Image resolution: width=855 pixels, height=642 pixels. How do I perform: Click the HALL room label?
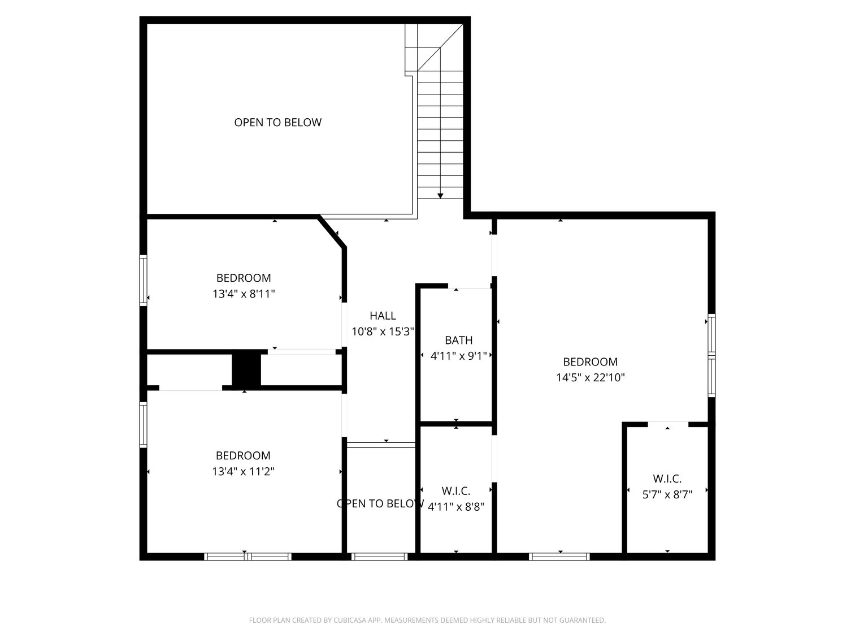[x=383, y=316]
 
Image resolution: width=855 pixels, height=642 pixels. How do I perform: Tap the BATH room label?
[x=458, y=340]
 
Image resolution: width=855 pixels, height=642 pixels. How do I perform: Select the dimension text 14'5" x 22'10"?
[x=590, y=377]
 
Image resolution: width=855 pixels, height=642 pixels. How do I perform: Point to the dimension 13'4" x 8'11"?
[x=244, y=294]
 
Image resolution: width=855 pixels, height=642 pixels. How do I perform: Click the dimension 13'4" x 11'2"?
[x=243, y=471]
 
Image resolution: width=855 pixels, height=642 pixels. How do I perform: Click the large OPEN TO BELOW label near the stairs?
[x=277, y=122]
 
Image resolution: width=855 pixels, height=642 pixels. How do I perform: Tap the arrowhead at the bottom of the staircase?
[x=440, y=196]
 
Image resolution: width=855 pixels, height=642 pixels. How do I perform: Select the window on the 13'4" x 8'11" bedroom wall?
[x=144, y=281]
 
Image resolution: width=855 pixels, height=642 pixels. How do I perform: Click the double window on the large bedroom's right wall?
[x=711, y=355]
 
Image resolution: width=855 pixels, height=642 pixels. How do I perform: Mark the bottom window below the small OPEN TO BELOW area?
[x=379, y=557]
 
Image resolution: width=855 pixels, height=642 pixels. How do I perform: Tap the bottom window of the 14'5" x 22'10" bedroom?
[x=559, y=557]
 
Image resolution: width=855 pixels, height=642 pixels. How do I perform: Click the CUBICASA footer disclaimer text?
[x=427, y=621]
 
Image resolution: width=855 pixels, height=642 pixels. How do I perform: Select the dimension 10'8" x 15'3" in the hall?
[x=383, y=332]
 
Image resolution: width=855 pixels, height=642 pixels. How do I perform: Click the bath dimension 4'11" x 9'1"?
[x=458, y=356]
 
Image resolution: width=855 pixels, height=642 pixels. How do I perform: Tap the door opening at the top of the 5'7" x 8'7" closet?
[x=667, y=424]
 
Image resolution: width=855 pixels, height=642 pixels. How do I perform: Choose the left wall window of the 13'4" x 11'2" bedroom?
[x=144, y=424]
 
